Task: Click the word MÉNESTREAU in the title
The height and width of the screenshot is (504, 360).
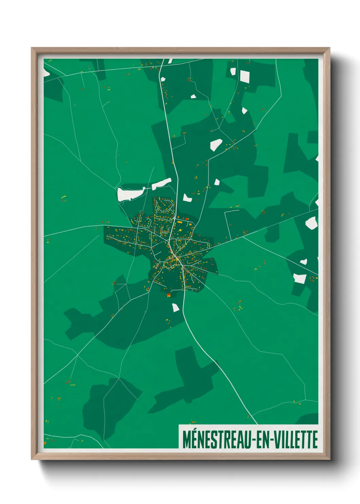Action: (x=217, y=440)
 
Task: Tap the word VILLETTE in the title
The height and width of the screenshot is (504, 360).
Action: (x=296, y=440)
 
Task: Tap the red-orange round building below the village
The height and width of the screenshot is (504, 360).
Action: (x=168, y=295)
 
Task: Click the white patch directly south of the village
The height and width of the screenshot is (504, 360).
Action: (x=175, y=308)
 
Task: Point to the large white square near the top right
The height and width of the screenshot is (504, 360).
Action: (x=245, y=76)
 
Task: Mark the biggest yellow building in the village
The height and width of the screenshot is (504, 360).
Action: (x=180, y=222)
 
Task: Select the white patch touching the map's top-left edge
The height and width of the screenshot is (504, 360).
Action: (x=46, y=73)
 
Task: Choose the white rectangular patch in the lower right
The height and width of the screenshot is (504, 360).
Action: (x=299, y=278)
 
